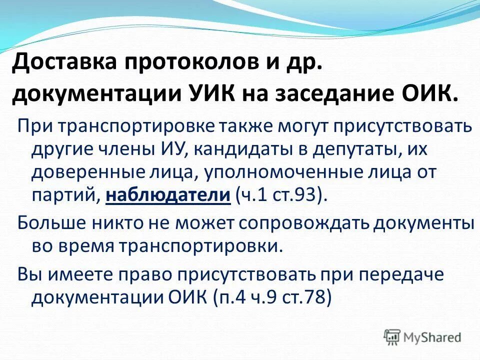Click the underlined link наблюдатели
[x=168, y=194]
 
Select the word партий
[x=65, y=194]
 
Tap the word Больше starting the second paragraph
[x=48, y=223]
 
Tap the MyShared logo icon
[x=392, y=337]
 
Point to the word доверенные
[x=80, y=171]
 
